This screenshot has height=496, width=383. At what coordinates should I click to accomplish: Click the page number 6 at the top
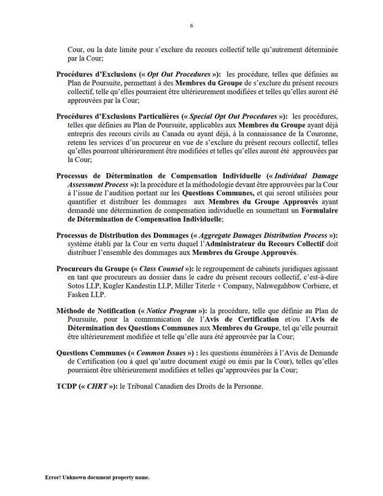(191, 25)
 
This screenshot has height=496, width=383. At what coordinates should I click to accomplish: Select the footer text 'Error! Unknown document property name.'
(97, 477)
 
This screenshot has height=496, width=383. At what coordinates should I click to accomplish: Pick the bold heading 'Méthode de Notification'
(96, 327)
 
